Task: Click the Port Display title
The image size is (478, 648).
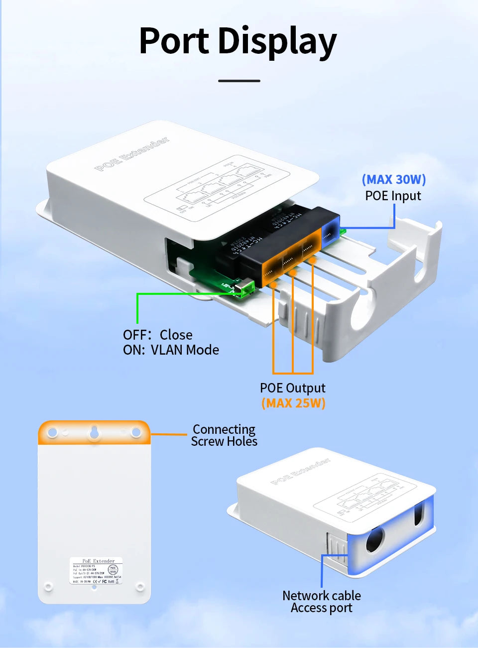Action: pos(238,41)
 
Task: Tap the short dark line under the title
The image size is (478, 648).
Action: pos(239,81)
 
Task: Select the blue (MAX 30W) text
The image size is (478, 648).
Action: pos(394,179)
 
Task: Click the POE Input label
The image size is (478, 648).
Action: pos(393,196)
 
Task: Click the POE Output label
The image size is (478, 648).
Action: pos(293,388)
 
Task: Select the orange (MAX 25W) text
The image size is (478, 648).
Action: pos(293,403)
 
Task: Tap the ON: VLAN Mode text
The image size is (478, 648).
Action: pos(171,350)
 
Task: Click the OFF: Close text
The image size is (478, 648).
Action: pos(158,335)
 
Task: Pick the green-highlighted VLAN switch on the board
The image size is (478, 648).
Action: pos(246,288)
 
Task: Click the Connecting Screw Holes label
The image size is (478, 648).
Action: pos(224,435)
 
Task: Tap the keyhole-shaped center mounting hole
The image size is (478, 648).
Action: pos(94,433)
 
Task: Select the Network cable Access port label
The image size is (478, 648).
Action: pos(322,602)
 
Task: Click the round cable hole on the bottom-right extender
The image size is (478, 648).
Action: pos(375,539)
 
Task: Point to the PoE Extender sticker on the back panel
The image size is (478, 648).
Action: pos(95,571)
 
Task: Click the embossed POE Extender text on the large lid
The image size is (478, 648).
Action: pos(132,154)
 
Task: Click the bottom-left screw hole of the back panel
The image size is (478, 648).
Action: pos(48,586)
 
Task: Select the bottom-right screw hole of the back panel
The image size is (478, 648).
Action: pos(140,586)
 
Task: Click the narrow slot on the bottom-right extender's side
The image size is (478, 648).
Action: pos(418,515)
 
